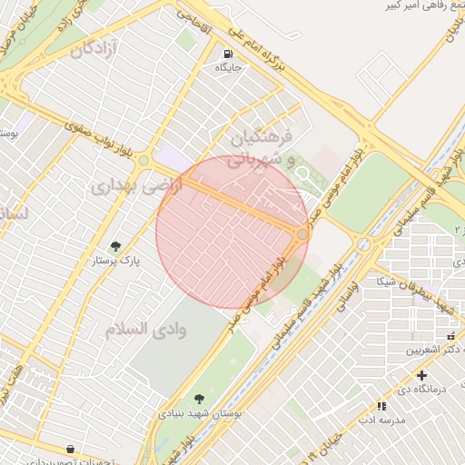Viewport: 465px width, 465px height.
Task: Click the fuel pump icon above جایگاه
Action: tap(226, 52)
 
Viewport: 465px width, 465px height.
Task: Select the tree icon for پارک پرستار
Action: tap(115, 245)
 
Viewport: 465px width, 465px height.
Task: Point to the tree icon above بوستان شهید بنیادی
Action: tap(199, 398)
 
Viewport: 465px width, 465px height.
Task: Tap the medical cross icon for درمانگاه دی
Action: tap(421, 375)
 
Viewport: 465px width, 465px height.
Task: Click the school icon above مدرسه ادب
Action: tap(381, 406)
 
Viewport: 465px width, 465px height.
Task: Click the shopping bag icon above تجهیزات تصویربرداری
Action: tap(71, 449)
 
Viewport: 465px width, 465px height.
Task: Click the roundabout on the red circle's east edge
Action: tap(302, 234)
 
